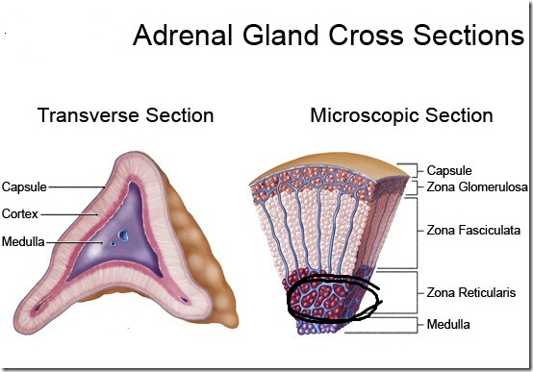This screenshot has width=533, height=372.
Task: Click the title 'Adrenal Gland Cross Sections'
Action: click(x=327, y=36)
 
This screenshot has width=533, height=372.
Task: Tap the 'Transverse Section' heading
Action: click(x=125, y=116)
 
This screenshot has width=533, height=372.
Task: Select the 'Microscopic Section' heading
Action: click(x=401, y=116)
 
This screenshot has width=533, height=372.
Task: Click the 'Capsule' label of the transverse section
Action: click(x=24, y=186)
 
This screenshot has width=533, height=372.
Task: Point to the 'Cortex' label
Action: click(x=20, y=213)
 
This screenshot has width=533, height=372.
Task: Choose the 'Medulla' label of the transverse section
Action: click(x=22, y=240)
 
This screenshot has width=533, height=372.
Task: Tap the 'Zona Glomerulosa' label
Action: click(x=477, y=187)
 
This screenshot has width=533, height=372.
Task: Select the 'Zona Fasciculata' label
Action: click(x=474, y=231)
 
